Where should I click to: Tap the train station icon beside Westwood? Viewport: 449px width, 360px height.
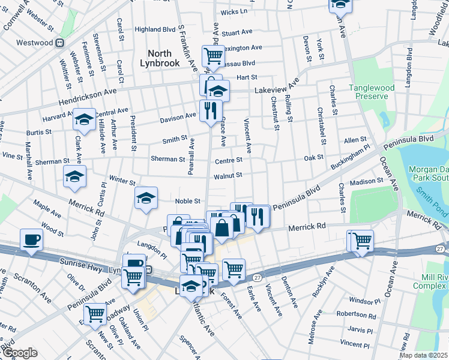(x=59, y=43)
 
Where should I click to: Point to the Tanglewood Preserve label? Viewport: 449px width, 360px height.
(x=372, y=92)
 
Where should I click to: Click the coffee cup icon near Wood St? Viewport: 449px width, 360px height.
(x=31, y=238)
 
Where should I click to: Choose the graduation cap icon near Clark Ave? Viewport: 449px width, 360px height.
(x=84, y=118)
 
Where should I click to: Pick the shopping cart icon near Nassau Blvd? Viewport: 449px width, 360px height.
(x=213, y=56)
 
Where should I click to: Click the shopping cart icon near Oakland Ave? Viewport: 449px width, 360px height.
(x=95, y=313)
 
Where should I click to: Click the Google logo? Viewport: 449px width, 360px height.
(x=20, y=352)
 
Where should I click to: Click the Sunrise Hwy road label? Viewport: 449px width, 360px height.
(x=81, y=262)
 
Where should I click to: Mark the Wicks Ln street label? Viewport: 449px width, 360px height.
(x=234, y=11)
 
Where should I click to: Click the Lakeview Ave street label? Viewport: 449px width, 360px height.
(x=276, y=88)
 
